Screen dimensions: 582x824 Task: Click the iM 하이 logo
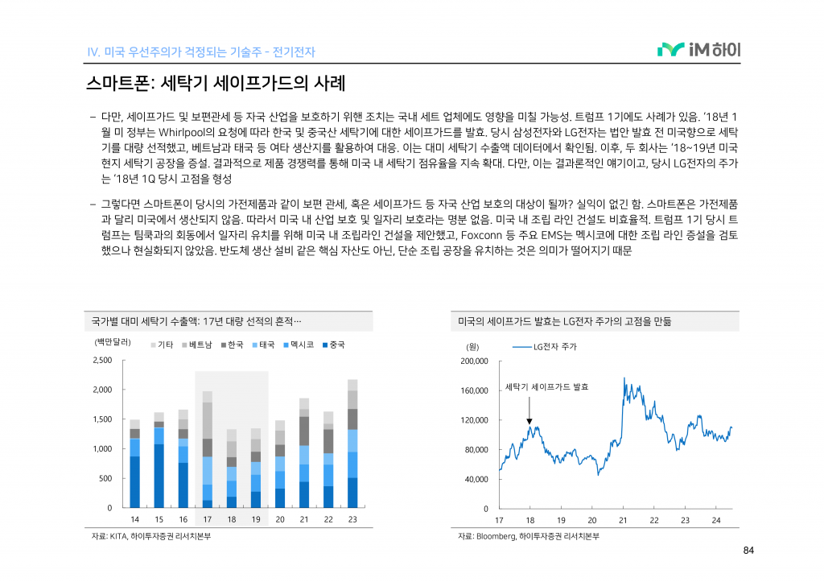pyautogui.click(x=698, y=50)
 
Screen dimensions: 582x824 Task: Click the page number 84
pyautogui.click(x=748, y=551)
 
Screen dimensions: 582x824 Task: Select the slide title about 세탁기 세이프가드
pyautogui.click(x=215, y=83)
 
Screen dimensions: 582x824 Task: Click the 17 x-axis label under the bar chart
pyautogui.click(x=208, y=520)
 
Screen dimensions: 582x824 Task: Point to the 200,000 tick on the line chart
pyautogui.click(x=474, y=361)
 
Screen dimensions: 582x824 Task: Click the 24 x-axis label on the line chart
pyautogui.click(x=715, y=520)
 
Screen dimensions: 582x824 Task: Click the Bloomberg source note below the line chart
pyautogui.click(x=529, y=536)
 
